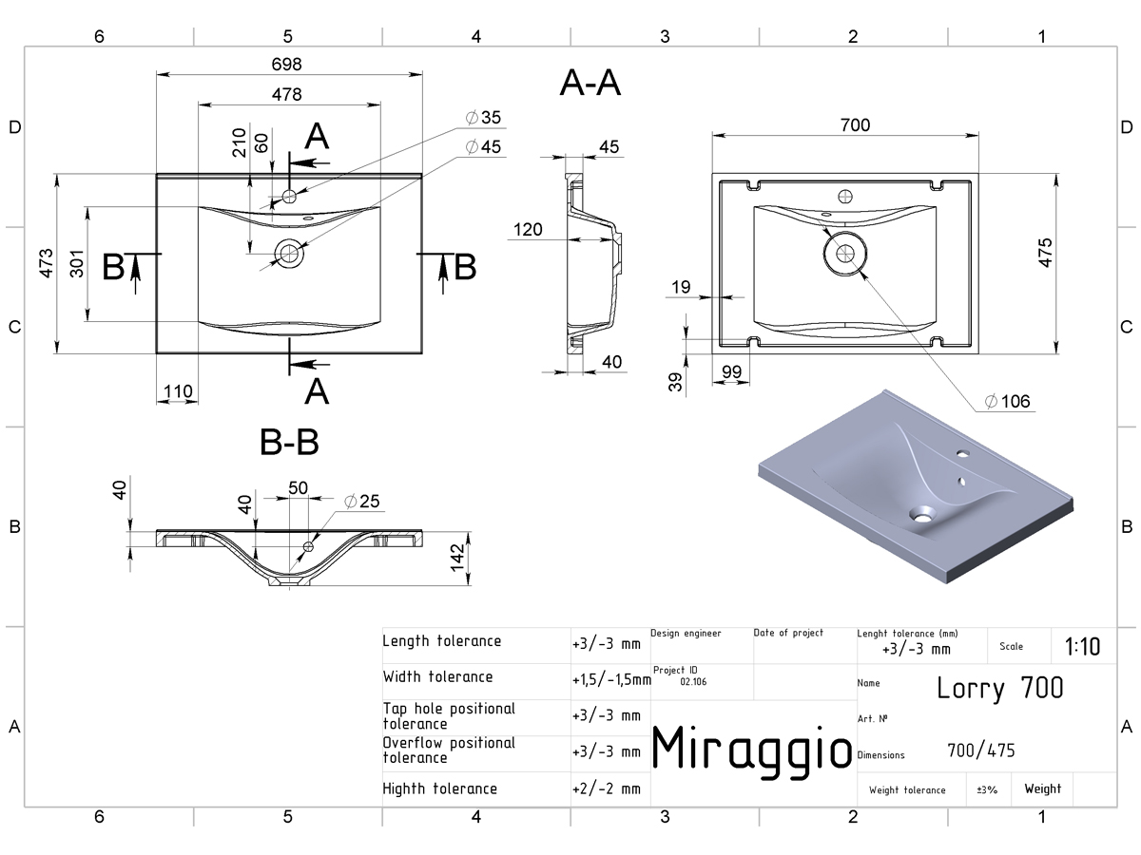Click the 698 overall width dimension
pyautogui.click(x=286, y=65)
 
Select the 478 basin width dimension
pyautogui.click(x=286, y=94)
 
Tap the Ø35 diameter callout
pyautogui.click(x=483, y=117)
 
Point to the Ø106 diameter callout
pyautogui.click(x=1007, y=401)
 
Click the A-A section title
pyautogui.click(x=590, y=83)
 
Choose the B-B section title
pyautogui.click(x=289, y=443)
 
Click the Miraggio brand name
pyautogui.click(x=752, y=750)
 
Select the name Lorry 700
pyautogui.click(x=1000, y=689)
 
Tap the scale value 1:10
pyautogui.click(x=1082, y=647)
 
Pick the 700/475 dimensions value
pyautogui.click(x=981, y=750)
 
